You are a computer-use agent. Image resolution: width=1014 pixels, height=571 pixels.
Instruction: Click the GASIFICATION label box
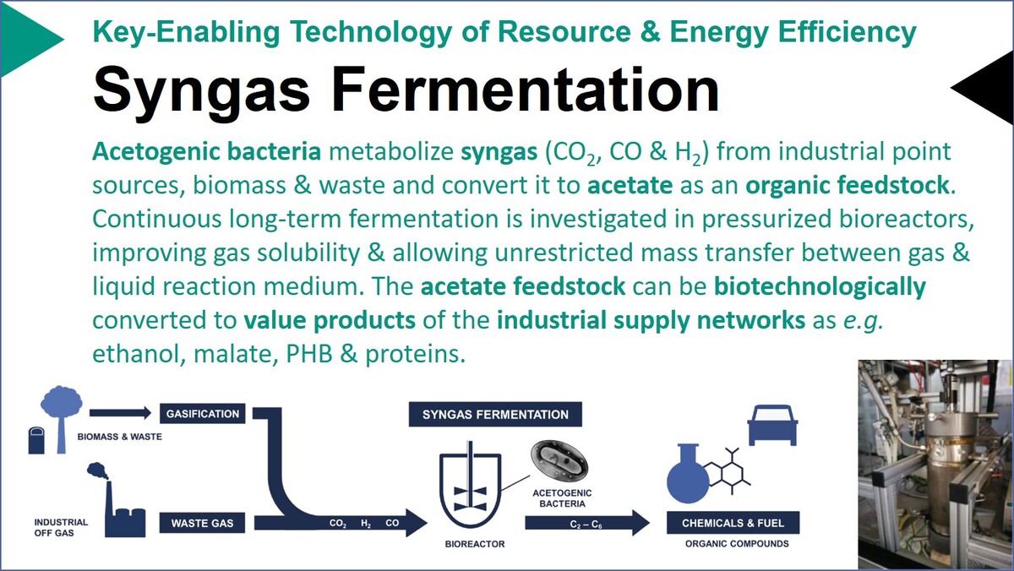[x=202, y=414]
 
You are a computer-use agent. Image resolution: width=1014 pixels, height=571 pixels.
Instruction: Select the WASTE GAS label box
[x=202, y=523]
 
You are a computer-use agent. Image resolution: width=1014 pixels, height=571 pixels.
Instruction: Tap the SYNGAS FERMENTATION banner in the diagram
[x=495, y=415]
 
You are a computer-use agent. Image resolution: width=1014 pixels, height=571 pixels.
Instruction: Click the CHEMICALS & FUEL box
[x=733, y=523]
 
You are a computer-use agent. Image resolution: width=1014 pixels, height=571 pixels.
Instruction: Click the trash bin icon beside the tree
[x=36, y=440]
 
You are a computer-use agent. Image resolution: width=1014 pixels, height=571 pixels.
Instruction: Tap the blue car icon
[x=772, y=426]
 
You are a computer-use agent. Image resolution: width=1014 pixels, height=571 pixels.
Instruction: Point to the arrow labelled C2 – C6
[x=587, y=523]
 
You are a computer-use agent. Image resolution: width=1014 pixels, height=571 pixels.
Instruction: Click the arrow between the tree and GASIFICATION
[x=120, y=413]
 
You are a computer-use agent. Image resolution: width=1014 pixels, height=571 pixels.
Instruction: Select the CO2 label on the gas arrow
[x=338, y=524]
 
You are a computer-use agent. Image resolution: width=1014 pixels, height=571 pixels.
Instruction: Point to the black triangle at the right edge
[x=981, y=88]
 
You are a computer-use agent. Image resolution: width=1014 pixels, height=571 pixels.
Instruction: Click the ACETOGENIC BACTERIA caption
[x=562, y=498]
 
